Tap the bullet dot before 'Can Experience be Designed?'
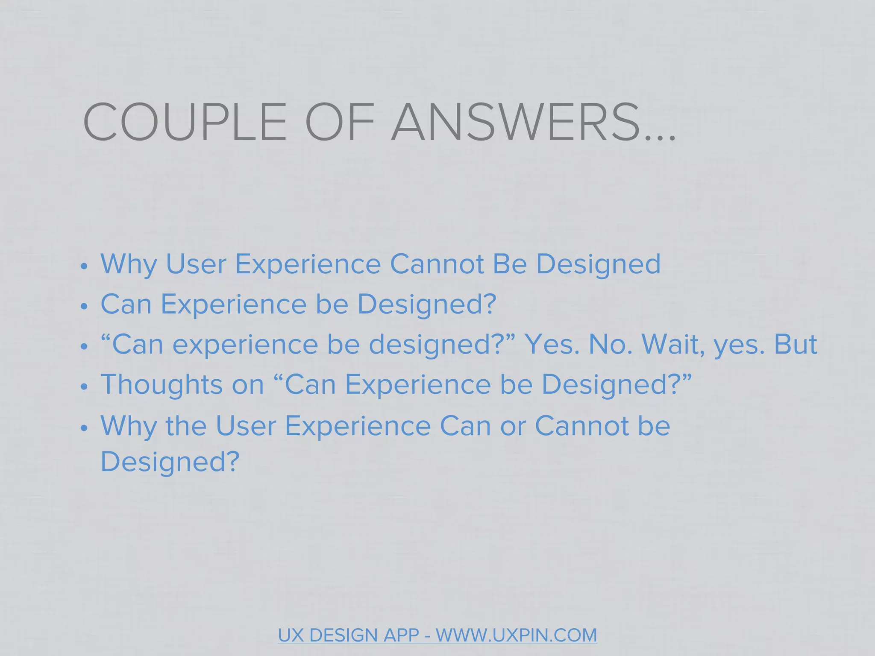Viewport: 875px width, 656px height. [84, 307]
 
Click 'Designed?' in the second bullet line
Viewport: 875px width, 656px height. [426, 304]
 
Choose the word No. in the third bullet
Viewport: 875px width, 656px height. [610, 344]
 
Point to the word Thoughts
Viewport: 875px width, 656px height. [161, 384]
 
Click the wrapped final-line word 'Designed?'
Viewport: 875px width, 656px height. [170, 461]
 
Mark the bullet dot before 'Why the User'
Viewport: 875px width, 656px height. [84, 428]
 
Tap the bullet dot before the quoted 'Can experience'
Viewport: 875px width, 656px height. [84, 347]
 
